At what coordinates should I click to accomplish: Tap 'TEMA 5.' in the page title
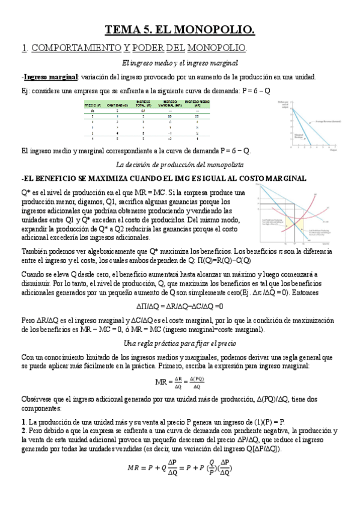[x=127, y=28]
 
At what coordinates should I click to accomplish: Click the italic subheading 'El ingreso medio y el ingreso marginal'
[x=180, y=63]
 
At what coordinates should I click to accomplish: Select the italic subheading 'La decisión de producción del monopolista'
[x=180, y=165]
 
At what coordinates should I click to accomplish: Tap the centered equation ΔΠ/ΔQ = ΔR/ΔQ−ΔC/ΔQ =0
[x=180, y=305]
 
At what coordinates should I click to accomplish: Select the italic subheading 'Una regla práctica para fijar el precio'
[x=180, y=343]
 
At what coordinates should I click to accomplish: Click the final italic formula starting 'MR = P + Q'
[x=180, y=468]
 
